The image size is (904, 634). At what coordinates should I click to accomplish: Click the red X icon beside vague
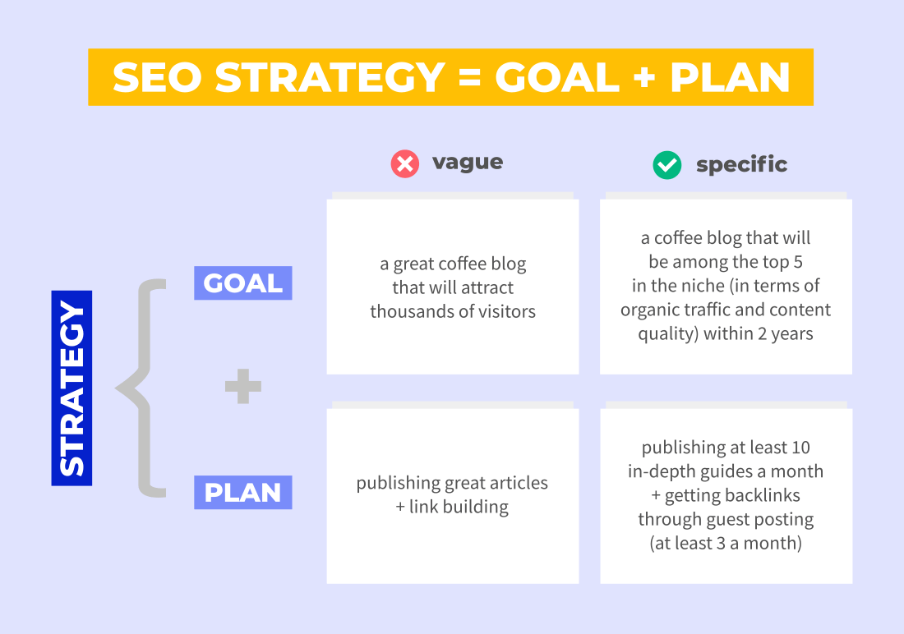click(404, 163)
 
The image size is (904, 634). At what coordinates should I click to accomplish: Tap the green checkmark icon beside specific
click(667, 165)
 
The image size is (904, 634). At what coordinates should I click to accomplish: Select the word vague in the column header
click(468, 163)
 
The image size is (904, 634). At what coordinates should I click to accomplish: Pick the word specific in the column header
click(741, 165)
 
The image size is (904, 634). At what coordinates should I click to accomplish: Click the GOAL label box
click(242, 283)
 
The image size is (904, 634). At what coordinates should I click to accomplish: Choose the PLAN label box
click(242, 492)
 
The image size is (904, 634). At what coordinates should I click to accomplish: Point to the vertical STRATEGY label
click(71, 388)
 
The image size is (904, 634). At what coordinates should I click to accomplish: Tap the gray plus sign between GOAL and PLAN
click(243, 386)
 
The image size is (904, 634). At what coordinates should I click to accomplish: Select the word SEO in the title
click(157, 77)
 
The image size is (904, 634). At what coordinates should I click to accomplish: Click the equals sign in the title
click(470, 78)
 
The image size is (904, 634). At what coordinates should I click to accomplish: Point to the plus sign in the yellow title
click(644, 78)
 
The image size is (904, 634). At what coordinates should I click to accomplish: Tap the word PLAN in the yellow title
click(729, 77)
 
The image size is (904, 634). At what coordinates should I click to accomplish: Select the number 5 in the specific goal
click(798, 262)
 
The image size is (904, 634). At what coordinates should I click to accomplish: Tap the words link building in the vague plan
click(459, 507)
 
